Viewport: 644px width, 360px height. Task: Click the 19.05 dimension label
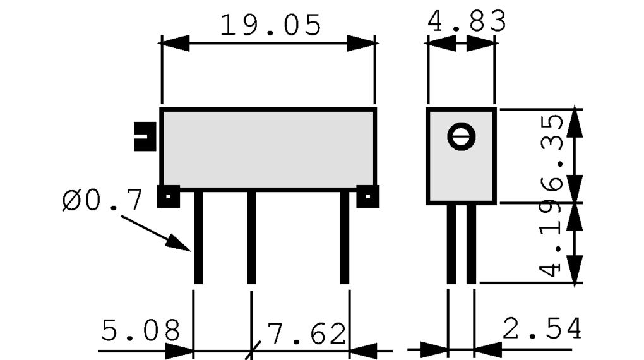[x=270, y=25]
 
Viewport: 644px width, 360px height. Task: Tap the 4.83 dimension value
[x=467, y=21]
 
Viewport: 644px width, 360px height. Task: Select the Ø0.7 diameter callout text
[x=102, y=200]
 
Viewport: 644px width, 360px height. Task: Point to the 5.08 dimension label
[x=140, y=330]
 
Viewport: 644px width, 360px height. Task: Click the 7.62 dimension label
[x=307, y=333]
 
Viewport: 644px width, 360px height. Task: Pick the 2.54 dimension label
[x=542, y=328]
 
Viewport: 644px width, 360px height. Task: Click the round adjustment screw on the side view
[x=462, y=136]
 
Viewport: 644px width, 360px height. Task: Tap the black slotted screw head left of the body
[x=145, y=136]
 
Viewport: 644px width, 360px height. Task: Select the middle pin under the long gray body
[x=251, y=237]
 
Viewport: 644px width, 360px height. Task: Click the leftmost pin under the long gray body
[x=198, y=237]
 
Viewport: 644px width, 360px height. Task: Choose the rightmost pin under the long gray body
[x=345, y=237]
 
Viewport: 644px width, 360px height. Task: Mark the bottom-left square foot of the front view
[x=169, y=196]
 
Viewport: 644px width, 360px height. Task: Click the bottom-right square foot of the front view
[x=367, y=196]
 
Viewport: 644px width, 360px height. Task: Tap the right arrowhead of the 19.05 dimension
[x=361, y=43]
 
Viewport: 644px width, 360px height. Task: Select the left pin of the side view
[x=451, y=244]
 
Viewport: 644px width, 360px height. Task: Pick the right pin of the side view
[x=471, y=244]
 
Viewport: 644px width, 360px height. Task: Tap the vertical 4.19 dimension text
[x=551, y=237]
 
